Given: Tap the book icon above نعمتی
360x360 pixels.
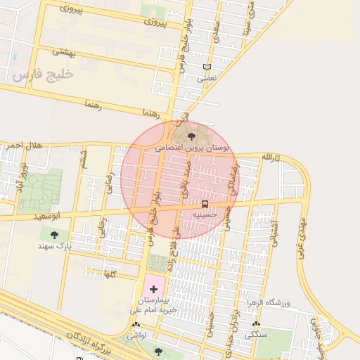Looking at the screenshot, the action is pyautogui.click(x=206, y=67).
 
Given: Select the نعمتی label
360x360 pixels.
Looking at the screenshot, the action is pyautogui.click(x=206, y=79).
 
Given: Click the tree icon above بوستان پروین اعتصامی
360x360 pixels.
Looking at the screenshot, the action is pyautogui.click(x=192, y=136).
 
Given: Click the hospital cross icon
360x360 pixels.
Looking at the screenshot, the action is pyautogui.click(x=154, y=289).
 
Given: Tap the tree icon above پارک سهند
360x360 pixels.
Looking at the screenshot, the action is pyautogui.click(x=54, y=235).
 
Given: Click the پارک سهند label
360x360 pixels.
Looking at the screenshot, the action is pyautogui.click(x=54, y=247).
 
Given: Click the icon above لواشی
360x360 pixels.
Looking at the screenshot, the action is pyautogui.click(x=136, y=326).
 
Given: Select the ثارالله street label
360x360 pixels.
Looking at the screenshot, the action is pyautogui.click(x=271, y=157).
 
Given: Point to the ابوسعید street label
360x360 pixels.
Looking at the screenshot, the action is pyautogui.click(x=46, y=217).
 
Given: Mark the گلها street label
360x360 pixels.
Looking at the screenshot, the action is pyautogui.click(x=109, y=273).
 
